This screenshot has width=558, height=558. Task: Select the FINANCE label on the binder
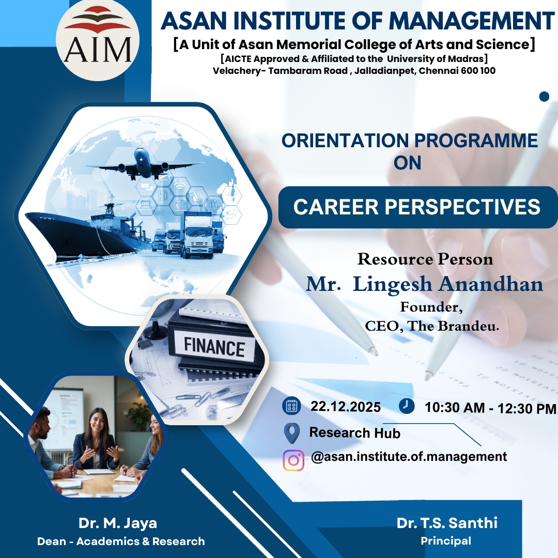tap(214, 347)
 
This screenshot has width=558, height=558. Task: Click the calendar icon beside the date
tap(291, 407)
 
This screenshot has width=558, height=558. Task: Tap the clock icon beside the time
tap(407, 406)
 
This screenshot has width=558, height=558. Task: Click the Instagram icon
tap(293, 460)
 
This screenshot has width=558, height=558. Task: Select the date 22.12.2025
tap(346, 407)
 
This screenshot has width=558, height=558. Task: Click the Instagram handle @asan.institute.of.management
tap(409, 456)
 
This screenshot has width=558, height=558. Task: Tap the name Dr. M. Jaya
tap(118, 523)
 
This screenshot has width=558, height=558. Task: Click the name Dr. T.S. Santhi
tap(447, 523)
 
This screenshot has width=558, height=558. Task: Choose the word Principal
tap(446, 541)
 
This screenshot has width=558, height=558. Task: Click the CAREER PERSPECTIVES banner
tap(417, 207)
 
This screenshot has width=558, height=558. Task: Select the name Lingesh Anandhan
tap(447, 284)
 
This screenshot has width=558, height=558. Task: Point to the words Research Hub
tap(355, 433)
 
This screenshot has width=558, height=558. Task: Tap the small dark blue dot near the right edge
tap(544, 97)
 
